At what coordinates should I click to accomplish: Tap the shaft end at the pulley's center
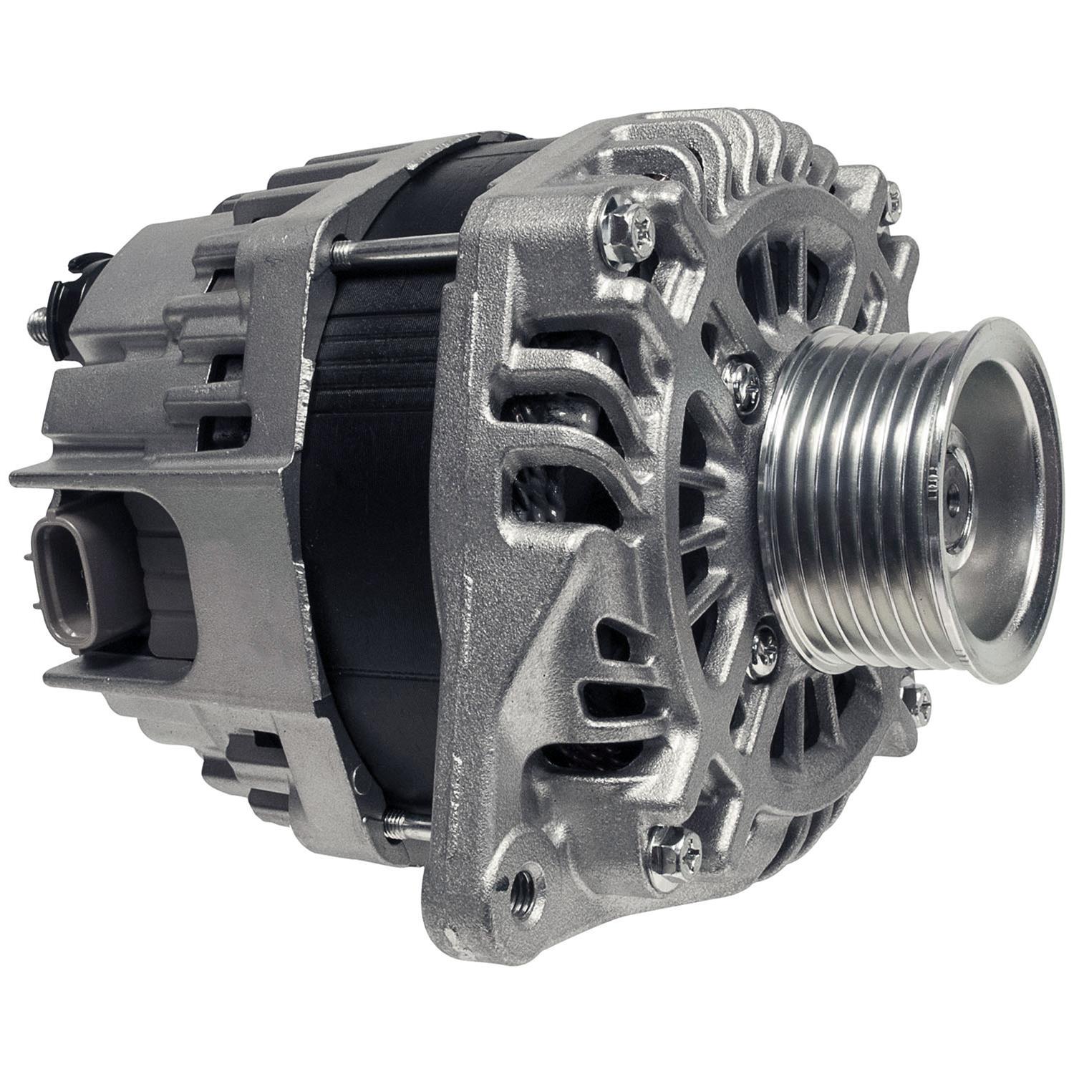[x=954, y=494]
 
